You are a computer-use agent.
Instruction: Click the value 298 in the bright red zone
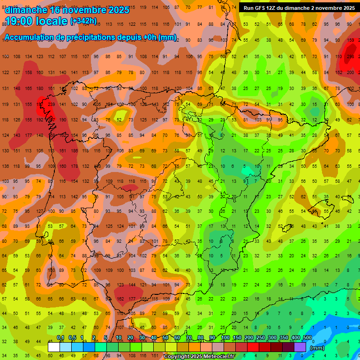click(350, 57)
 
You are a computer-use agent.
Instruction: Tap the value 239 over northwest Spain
click(51, 104)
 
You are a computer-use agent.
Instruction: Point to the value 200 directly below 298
click(350, 73)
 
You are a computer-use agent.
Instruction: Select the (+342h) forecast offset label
click(83, 21)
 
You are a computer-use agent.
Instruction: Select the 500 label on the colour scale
click(307, 338)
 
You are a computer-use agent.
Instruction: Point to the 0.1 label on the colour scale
click(60, 338)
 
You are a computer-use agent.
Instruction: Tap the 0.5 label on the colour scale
click(72, 338)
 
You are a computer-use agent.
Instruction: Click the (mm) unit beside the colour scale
click(317, 348)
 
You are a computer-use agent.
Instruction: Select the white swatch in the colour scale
click(54, 347)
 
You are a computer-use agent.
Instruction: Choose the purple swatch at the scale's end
click(300, 347)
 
